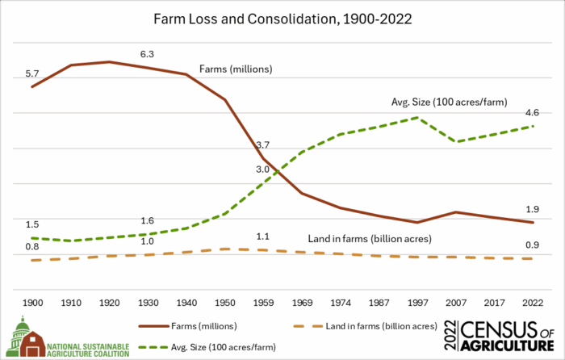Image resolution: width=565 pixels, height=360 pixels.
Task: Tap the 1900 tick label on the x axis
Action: [32, 301]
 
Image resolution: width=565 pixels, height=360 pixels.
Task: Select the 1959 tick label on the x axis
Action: [263, 301]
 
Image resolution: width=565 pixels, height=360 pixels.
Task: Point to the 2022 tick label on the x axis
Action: [532, 301]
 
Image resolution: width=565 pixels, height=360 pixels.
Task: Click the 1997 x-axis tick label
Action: [416, 301]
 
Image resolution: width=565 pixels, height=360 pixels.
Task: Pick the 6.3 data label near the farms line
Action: [148, 53]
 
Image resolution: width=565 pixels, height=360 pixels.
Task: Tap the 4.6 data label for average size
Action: [532, 113]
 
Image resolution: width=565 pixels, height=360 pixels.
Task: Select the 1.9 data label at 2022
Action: [532, 209]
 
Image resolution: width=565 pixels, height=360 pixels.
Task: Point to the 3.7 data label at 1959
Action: [263, 145]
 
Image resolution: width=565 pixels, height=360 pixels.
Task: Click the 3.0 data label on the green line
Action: [263, 170]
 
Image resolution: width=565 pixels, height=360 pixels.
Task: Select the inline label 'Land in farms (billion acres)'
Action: [370, 239]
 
